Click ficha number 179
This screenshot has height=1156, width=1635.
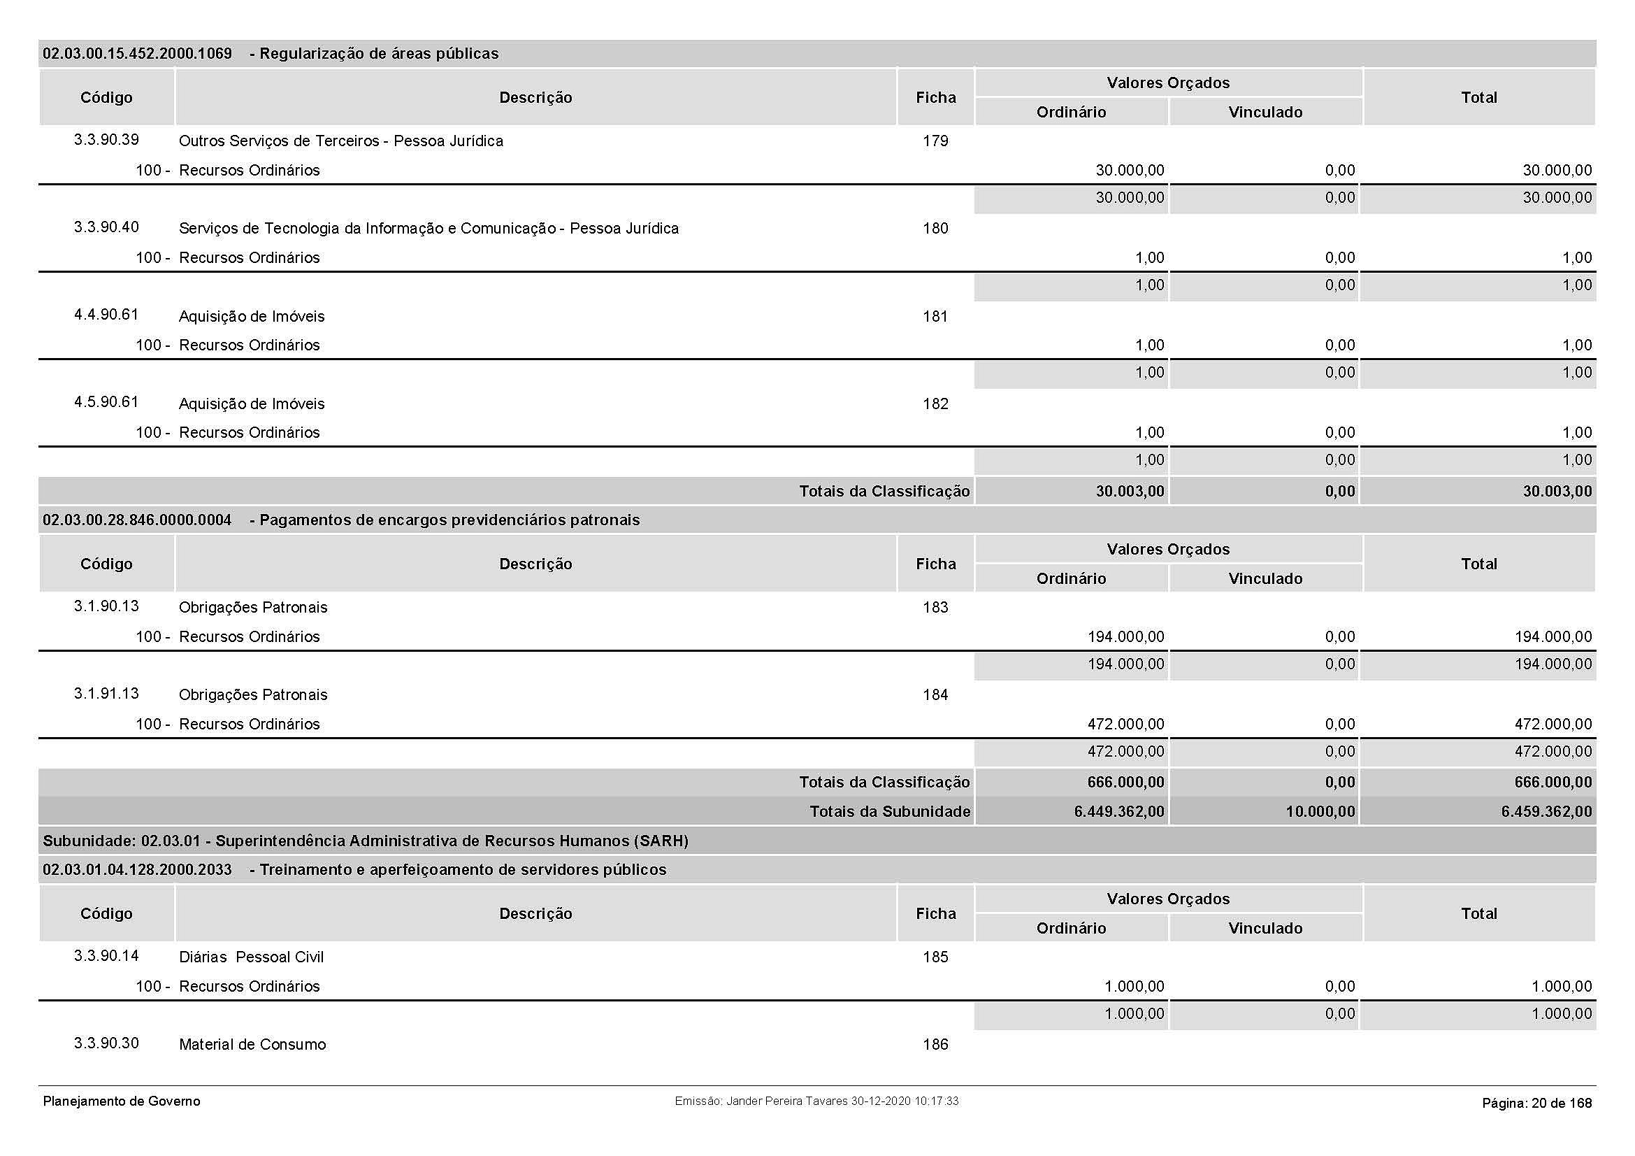click(935, 141)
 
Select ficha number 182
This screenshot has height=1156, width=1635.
click(935, 404)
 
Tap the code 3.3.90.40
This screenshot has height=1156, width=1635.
click(106, 227)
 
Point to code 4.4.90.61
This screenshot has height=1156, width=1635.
click(106, 315)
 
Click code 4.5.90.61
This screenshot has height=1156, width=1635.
click(106, 402)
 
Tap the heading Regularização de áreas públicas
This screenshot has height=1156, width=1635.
click(378, 54)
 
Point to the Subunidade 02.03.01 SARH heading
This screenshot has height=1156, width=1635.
click(366, 841)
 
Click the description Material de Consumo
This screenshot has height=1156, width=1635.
click(252, 1045)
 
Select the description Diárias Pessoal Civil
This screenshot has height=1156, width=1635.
click(251, 957)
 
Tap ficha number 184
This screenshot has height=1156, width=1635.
click(935, 695)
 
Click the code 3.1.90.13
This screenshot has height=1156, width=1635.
click(106, 606)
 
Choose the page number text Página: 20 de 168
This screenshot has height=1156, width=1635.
click(1536, 1104)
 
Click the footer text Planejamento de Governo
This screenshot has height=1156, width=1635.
click(122, 1102)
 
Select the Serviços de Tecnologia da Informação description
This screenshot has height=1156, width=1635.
click(428, 229)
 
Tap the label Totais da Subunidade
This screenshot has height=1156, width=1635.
click(889, 812)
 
